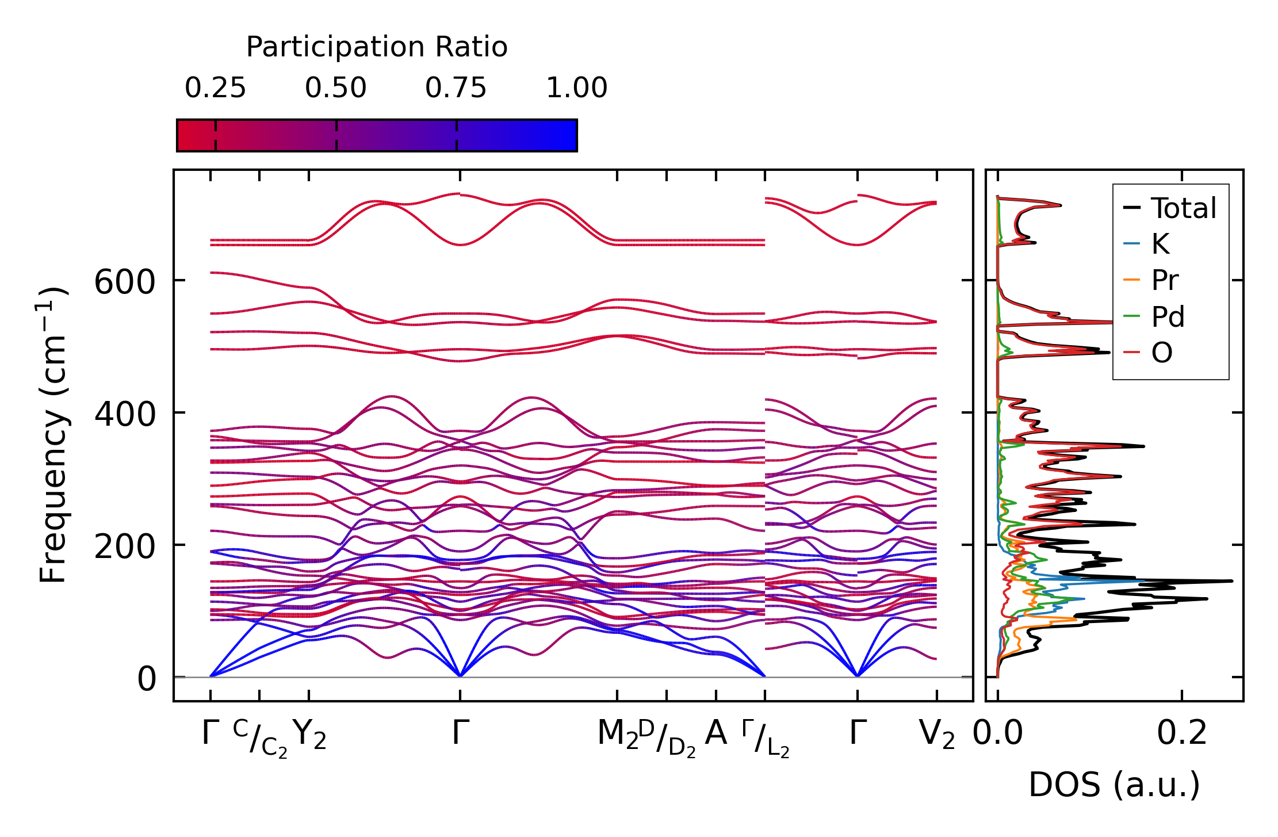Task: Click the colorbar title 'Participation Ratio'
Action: (x=377, y=47)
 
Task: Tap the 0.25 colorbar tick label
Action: (x=215, y=88)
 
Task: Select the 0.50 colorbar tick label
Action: (x=336, y=88)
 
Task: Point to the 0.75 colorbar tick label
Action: (x=456, y=88)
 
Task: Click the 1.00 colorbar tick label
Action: (x=576, y=88)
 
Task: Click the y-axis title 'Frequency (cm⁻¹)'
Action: (x=53, y=435)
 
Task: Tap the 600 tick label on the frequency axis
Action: (x=125, y=282)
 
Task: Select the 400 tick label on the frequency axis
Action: (x=125, y=414)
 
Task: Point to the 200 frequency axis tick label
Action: (x=125, y=546)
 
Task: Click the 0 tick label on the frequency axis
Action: (x=147, y=679)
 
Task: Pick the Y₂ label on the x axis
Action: (x=309, y=734)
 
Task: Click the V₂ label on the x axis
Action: (x=937, y=734)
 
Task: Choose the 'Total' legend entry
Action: (x=1184, y=208)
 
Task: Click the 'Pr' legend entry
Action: (x=1165, y=280)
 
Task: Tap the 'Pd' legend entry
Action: (x=1168, y=316)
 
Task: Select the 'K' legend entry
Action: (x=1160, y=244)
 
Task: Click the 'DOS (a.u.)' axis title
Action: (x=1114, y=785)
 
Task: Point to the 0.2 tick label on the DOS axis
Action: (x=1182, y=733)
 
